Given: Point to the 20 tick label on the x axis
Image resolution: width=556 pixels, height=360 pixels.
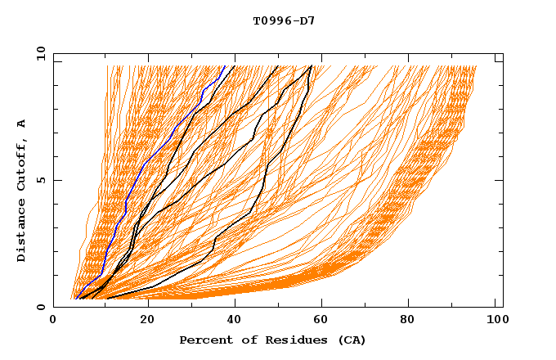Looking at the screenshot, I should pos(143,322).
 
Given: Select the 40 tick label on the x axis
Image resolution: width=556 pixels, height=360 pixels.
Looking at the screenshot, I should pos(233,322).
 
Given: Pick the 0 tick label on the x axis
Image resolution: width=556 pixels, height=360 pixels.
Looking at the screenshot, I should pos(54,322).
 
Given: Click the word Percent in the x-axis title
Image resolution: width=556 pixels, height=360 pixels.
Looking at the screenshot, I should pos(203,340).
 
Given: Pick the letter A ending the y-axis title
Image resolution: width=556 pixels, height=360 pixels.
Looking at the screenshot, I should pos(22,124).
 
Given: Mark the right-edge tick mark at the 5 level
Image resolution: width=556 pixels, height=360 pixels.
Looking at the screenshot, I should pos(499,180).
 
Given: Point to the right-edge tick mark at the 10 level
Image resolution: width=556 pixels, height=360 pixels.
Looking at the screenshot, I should pos(499,61).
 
